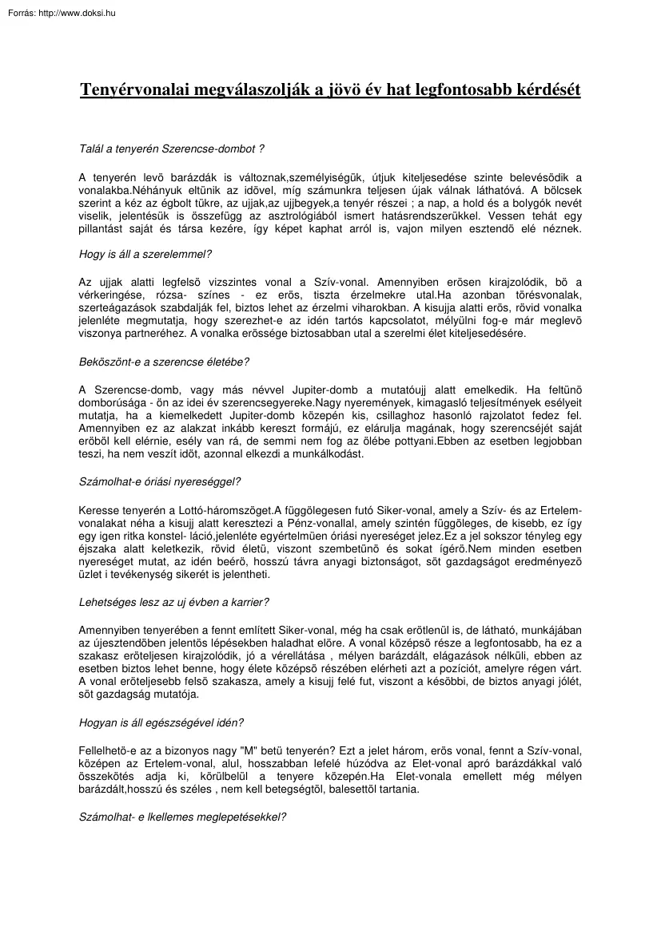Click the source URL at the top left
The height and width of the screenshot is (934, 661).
[58, 13]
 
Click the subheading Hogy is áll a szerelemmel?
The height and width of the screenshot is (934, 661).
[145, 255]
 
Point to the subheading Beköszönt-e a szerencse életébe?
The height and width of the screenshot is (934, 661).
[164, 361]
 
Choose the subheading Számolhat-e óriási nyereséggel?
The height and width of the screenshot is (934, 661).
[160, 481]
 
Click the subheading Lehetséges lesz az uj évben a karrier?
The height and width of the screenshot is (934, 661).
[173, 601]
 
